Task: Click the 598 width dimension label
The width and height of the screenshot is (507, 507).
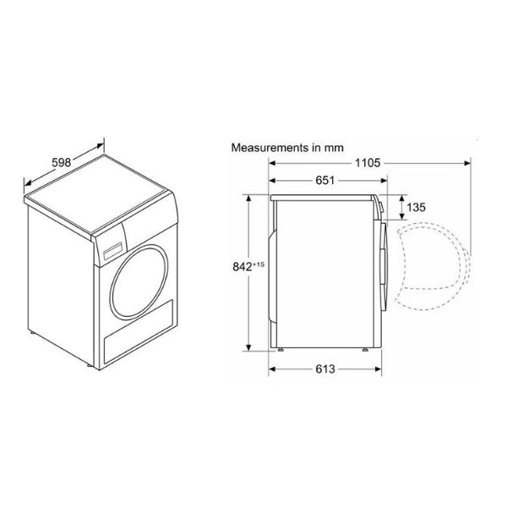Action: point(62,162)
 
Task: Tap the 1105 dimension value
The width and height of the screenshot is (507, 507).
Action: point(368,163)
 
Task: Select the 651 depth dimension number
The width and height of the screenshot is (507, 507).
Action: point(325,180)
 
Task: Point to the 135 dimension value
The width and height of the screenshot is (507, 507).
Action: point(416,207)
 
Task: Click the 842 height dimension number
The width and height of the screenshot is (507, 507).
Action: point(243,267)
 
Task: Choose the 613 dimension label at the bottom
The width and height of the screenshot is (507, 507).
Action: point(325,369)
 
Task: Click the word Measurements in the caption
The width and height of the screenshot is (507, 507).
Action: point(270,148)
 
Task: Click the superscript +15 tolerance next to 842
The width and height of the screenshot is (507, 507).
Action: point(259,264)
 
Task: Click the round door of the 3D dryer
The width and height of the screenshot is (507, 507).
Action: point(139,282)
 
